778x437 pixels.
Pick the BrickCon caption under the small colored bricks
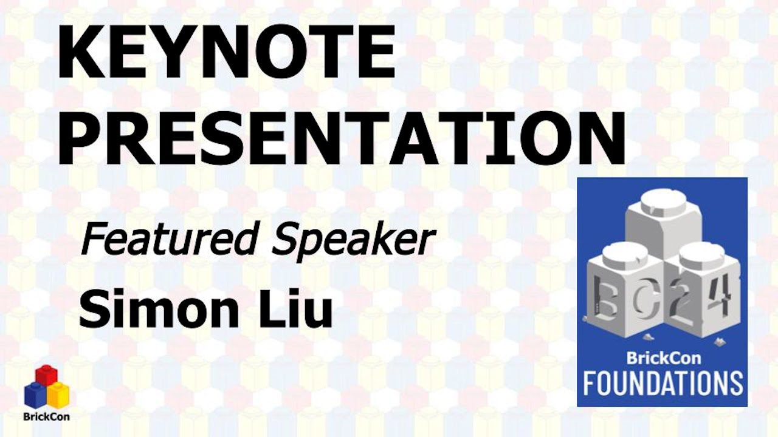click(x=46, y=417)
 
